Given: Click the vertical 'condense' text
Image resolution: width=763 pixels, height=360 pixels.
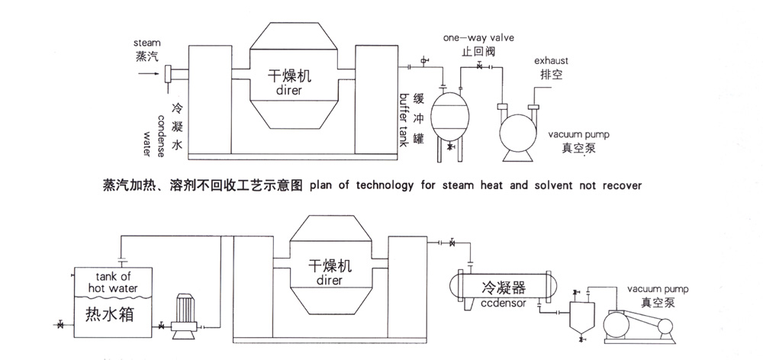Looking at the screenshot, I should [x=159, y=130].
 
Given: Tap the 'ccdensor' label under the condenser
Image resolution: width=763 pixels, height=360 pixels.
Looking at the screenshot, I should [x=502, y=302].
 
